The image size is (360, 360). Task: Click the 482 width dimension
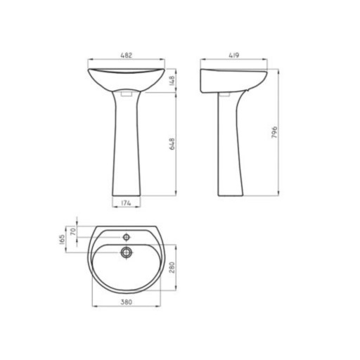(x=127, y=56)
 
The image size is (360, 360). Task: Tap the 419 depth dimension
(x=233, y=56)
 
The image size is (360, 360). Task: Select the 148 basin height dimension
(x=172, y=81)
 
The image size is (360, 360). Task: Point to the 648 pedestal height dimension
(x=172, y=144)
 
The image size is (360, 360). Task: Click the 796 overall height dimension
(x=274, y=132)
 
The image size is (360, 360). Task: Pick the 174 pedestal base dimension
(x=126, y=203)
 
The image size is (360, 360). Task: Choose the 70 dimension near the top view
(x=73, y=231)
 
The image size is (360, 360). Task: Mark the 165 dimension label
(x=62, y=240)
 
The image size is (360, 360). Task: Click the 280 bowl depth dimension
(x=172, y=267)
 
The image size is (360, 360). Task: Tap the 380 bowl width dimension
(x=127, y=302)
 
